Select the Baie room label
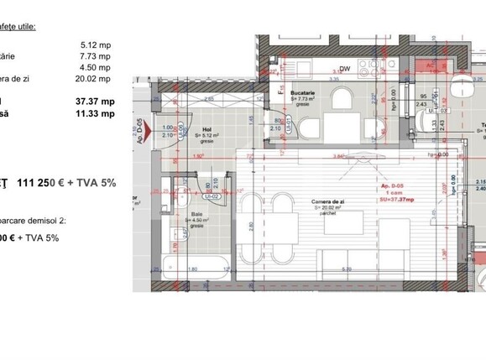(196, 215)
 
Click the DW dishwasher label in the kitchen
(345, 69)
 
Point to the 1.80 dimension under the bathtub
(192, 269)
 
